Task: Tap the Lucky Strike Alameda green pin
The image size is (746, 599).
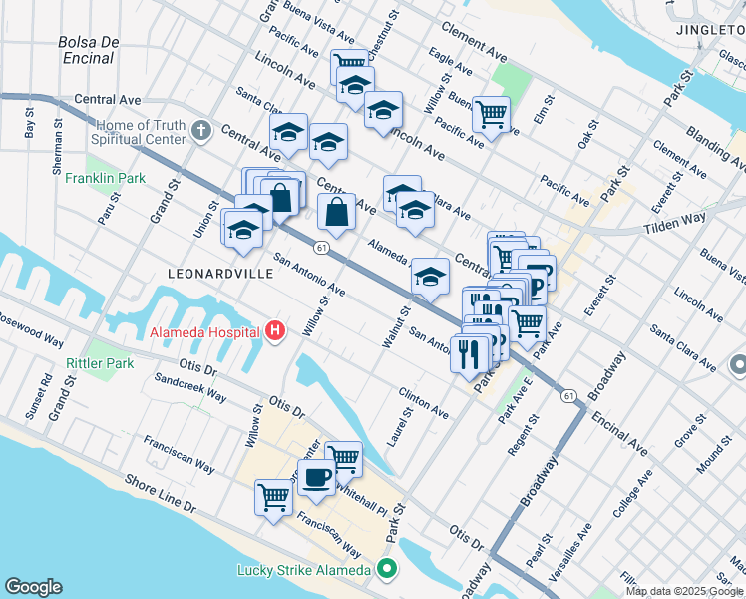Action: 387,571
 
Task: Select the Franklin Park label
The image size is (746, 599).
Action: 105,179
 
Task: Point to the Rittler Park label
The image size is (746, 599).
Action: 100,363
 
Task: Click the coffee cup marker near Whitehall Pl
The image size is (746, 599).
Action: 316,478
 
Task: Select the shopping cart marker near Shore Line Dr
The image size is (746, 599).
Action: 274,497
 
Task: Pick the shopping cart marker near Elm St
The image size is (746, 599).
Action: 491,116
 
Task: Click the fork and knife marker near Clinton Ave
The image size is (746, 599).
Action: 469,353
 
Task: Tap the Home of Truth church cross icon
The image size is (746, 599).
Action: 201,131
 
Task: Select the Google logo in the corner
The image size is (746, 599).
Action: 33,587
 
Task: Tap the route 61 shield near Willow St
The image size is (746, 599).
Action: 320,246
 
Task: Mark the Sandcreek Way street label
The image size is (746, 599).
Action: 188,388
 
